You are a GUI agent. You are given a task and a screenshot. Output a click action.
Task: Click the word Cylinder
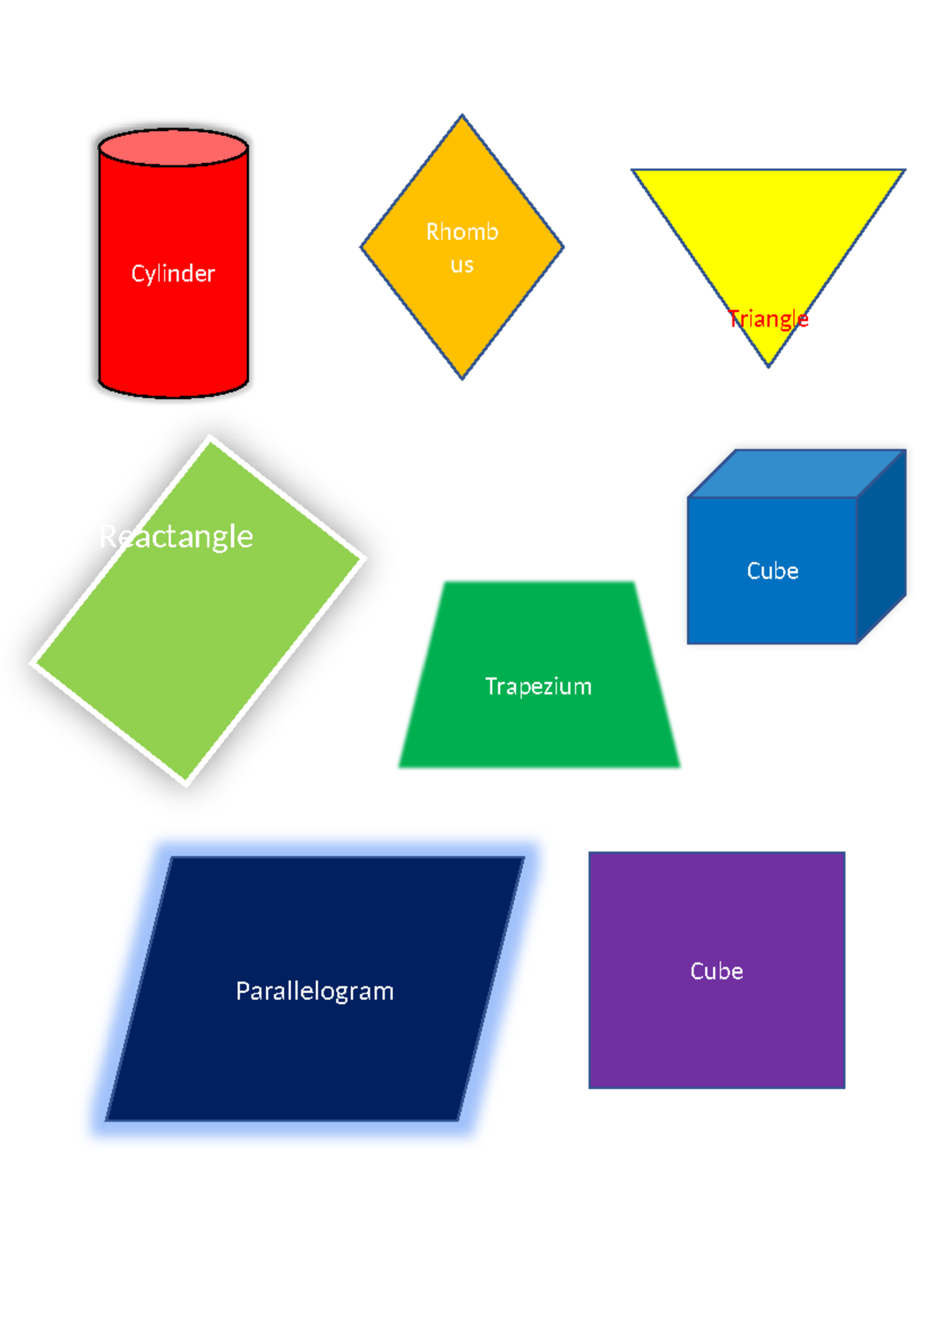click(172, 274)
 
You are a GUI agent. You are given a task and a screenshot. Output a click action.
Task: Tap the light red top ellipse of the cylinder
click(173, 147)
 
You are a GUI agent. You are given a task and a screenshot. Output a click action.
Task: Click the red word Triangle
click(768, 319)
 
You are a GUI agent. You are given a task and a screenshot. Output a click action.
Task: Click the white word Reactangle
click(176, 536)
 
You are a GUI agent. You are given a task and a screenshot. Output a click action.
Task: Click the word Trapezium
click(538, 686)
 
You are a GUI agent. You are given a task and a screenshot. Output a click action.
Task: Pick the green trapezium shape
click(538, 733)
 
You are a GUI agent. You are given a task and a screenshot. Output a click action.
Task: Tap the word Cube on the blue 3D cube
click(772, 571)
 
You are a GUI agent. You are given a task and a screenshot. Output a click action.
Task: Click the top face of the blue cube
click(796, 473)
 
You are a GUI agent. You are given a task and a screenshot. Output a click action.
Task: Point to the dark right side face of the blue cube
click(881, 546)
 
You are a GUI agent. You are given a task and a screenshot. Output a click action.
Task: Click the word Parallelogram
click(314, 991)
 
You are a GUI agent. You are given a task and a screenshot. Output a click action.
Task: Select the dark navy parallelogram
click(312, 1060)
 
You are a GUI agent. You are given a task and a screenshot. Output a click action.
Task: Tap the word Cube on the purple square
click(716, 970)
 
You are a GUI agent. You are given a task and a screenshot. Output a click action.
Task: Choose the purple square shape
click(716, 1029)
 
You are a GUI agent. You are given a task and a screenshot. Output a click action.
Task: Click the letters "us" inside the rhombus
click(462, 265)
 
